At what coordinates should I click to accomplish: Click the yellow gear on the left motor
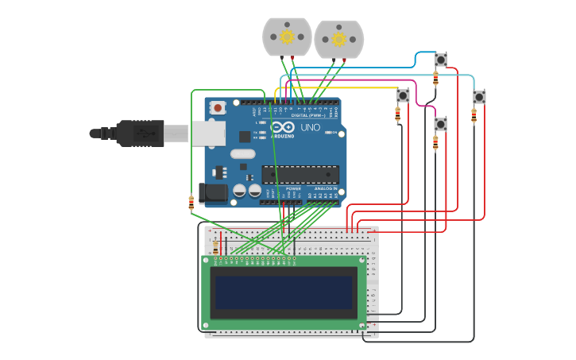(287, 37)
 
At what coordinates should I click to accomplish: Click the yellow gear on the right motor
(339, 39)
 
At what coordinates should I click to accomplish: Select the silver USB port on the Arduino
(209, 134)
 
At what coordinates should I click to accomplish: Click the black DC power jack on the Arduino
(212, 192)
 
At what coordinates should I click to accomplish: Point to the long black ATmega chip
(300, 174)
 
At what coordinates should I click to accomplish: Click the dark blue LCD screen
(283, 292)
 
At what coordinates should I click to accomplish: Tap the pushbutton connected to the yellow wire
(403, 95)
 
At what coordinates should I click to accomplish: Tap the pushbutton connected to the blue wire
(441, 60)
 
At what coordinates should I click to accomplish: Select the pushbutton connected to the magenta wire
(440, 124)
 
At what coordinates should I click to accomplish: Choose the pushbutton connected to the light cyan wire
(479, 97)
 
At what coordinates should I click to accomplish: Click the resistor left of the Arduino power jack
(191, 203)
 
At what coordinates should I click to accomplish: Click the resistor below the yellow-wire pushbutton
(398, 115)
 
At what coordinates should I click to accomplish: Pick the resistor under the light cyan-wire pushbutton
(474, 116)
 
